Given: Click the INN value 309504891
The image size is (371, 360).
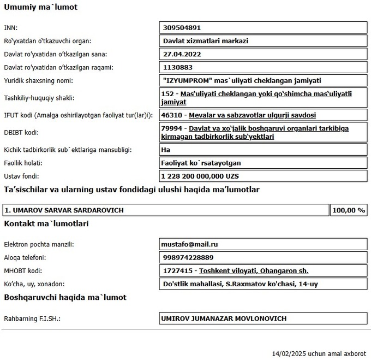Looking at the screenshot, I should [183, 27].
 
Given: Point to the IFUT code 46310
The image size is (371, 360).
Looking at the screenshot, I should [171, 115].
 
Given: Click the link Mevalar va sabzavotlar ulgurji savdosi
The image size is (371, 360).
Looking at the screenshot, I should [252, 115].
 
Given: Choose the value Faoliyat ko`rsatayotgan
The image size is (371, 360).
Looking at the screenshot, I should [201, 163].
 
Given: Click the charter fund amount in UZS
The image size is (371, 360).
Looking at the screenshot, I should [200, 176].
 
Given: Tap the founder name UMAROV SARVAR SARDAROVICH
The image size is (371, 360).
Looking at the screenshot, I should [64, 210].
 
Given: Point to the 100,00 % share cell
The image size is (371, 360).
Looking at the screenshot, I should [348, 210].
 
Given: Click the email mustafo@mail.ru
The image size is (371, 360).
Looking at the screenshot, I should [189, 244].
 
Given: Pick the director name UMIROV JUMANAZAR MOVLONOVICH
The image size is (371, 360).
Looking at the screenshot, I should [224, 318].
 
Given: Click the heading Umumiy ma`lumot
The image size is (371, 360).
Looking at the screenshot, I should [40, 8].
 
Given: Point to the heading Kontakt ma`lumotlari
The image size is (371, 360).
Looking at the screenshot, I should [46, 223].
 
